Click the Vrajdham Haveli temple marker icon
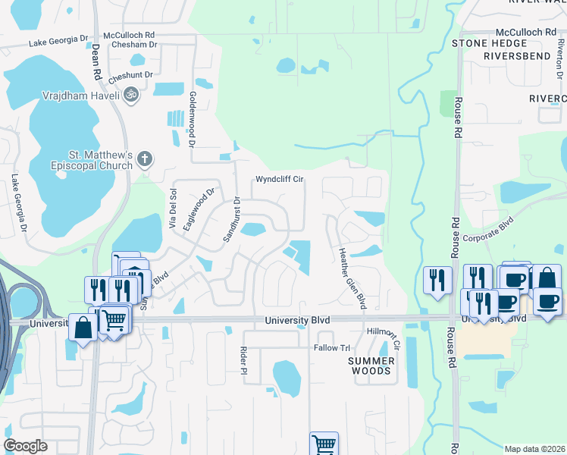[130, 95]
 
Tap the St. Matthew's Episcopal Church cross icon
[144, 159]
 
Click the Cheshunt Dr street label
[131, 77]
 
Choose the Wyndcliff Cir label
[279, 180]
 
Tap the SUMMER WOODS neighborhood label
[371, 366]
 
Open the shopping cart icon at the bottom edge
[324, 444]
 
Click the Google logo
[25, 446]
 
